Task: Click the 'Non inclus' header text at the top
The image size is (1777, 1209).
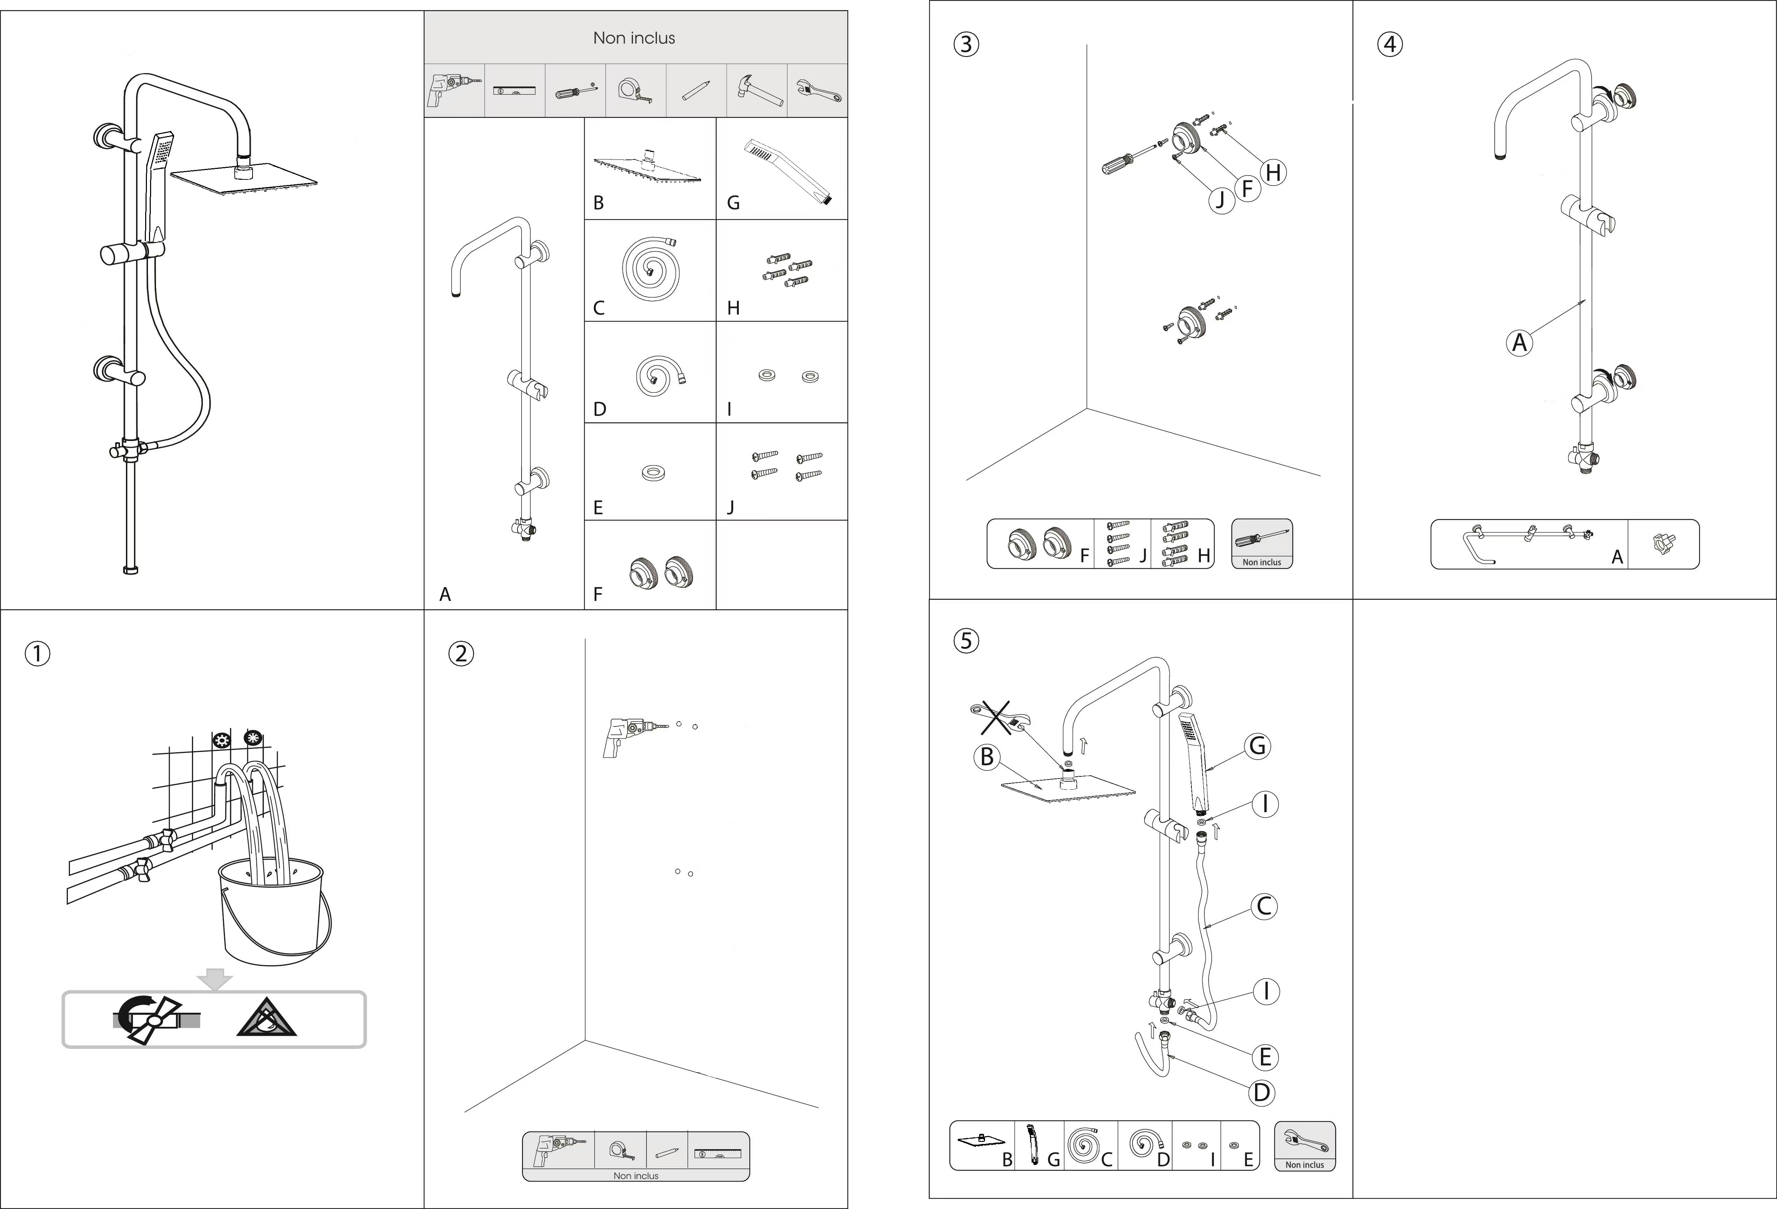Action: (x=634, y=37)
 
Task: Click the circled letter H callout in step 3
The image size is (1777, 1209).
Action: (x=1273, y=173)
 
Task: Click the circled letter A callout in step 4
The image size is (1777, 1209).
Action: (x=1519, y=342)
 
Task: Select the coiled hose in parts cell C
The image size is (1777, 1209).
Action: (x=650, y=268)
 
